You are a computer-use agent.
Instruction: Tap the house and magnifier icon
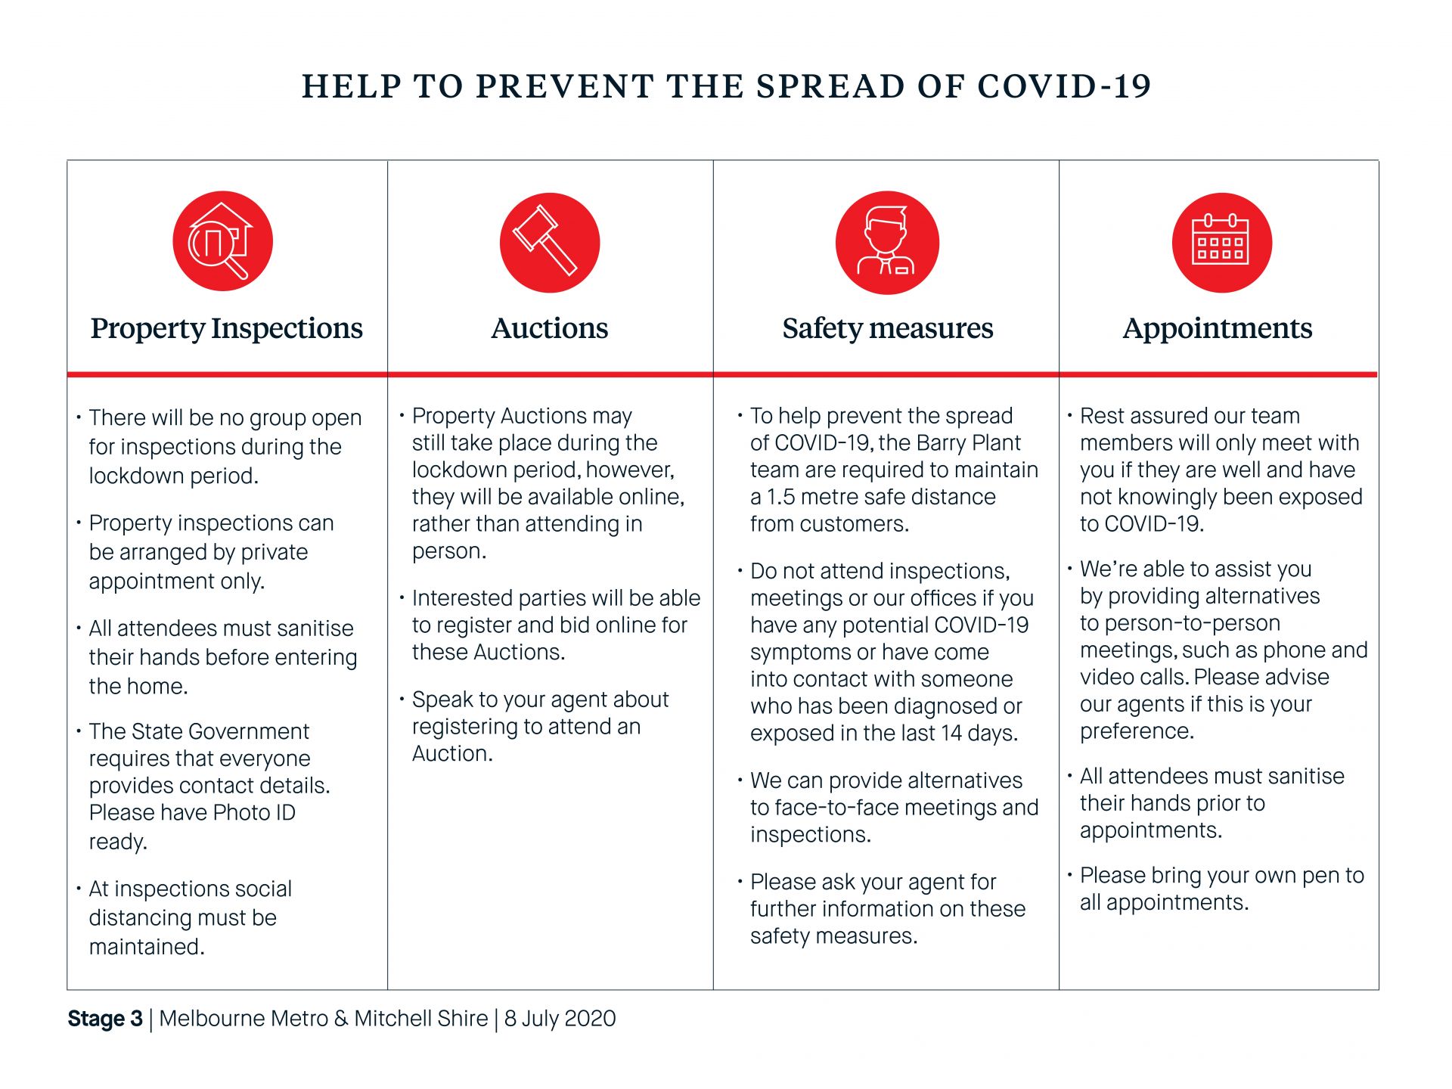(x=222, y=241)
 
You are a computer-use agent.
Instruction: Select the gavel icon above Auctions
(x=549, y=242)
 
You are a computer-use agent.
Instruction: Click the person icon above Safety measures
(x=886, y=242)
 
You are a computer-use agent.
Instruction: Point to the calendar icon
(x=1221, y=242)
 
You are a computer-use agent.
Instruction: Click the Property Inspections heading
(x=226, y=328)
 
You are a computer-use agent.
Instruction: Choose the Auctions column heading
(x=549, y=328)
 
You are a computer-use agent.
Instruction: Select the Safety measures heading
(x=887, y=328)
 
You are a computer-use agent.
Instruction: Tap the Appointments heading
(x=1217, y=328)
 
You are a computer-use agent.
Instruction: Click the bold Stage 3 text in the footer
(x=105, y=1019)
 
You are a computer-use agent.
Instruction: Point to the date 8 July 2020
(x=560, y=1019)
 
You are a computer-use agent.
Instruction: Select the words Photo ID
(x=254, y=812)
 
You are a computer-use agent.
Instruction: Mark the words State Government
(x=219, y=731)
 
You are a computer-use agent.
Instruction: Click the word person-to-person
(x=1180, y=623)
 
